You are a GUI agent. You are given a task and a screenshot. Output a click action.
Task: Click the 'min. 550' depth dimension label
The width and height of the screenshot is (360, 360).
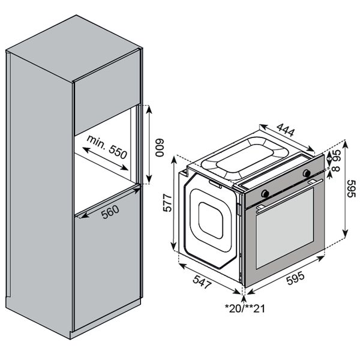[x=107, y=147]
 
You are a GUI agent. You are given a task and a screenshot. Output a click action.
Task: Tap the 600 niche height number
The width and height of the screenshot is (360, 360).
[x=160, y=148]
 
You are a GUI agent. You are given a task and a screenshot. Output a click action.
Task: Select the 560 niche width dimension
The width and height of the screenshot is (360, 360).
[x=110, y=212]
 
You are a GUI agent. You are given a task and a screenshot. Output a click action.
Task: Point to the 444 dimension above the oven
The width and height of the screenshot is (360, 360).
[x=286, y=130]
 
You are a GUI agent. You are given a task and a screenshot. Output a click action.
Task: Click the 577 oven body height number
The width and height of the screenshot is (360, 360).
[x=167, y=203]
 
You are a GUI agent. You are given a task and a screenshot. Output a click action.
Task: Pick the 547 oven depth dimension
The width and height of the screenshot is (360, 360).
[x=202, y=281]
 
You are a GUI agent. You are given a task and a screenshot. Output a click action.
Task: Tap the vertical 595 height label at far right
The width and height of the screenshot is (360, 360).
[x=351, y=189]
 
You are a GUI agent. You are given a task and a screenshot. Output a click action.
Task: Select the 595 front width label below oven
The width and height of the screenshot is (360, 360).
[x=296, y=278]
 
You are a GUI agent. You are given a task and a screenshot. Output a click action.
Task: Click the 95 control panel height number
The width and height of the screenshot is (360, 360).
[x=337, y=155]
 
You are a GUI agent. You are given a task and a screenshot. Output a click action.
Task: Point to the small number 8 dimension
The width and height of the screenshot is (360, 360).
[x=337, y=169]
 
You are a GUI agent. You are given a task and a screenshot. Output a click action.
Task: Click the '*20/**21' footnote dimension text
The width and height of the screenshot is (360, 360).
[x=245, y=308]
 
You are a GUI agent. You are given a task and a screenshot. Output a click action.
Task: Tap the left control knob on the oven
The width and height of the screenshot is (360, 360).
[x=265, y=194]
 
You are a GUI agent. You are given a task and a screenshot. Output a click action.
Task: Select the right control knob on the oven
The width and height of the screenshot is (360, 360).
[x=307, y=173]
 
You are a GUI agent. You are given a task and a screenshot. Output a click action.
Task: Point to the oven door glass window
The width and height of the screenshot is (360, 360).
[x=284, y=229]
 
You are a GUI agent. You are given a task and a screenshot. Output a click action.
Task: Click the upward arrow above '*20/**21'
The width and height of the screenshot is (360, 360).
[x=244, y=299]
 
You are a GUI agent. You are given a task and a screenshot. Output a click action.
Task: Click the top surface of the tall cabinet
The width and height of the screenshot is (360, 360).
[x=73, y=49]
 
